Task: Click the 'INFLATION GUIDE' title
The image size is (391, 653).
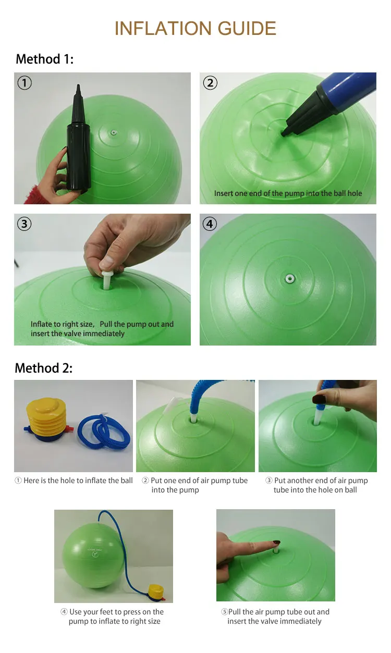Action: (195, 28)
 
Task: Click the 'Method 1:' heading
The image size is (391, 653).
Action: (45, 59)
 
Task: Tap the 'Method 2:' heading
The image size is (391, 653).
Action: (44, 368)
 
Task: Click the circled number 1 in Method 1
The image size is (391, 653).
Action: (25, 83)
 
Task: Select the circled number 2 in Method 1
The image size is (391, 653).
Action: (210, 83)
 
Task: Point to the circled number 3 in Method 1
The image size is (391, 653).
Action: (25, 224)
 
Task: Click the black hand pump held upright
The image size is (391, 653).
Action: (78, 141)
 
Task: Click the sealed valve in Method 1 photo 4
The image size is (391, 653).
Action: (288, 279)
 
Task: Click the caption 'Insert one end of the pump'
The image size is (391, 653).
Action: (288, 193)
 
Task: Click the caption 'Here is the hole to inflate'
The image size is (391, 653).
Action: (74, 480)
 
